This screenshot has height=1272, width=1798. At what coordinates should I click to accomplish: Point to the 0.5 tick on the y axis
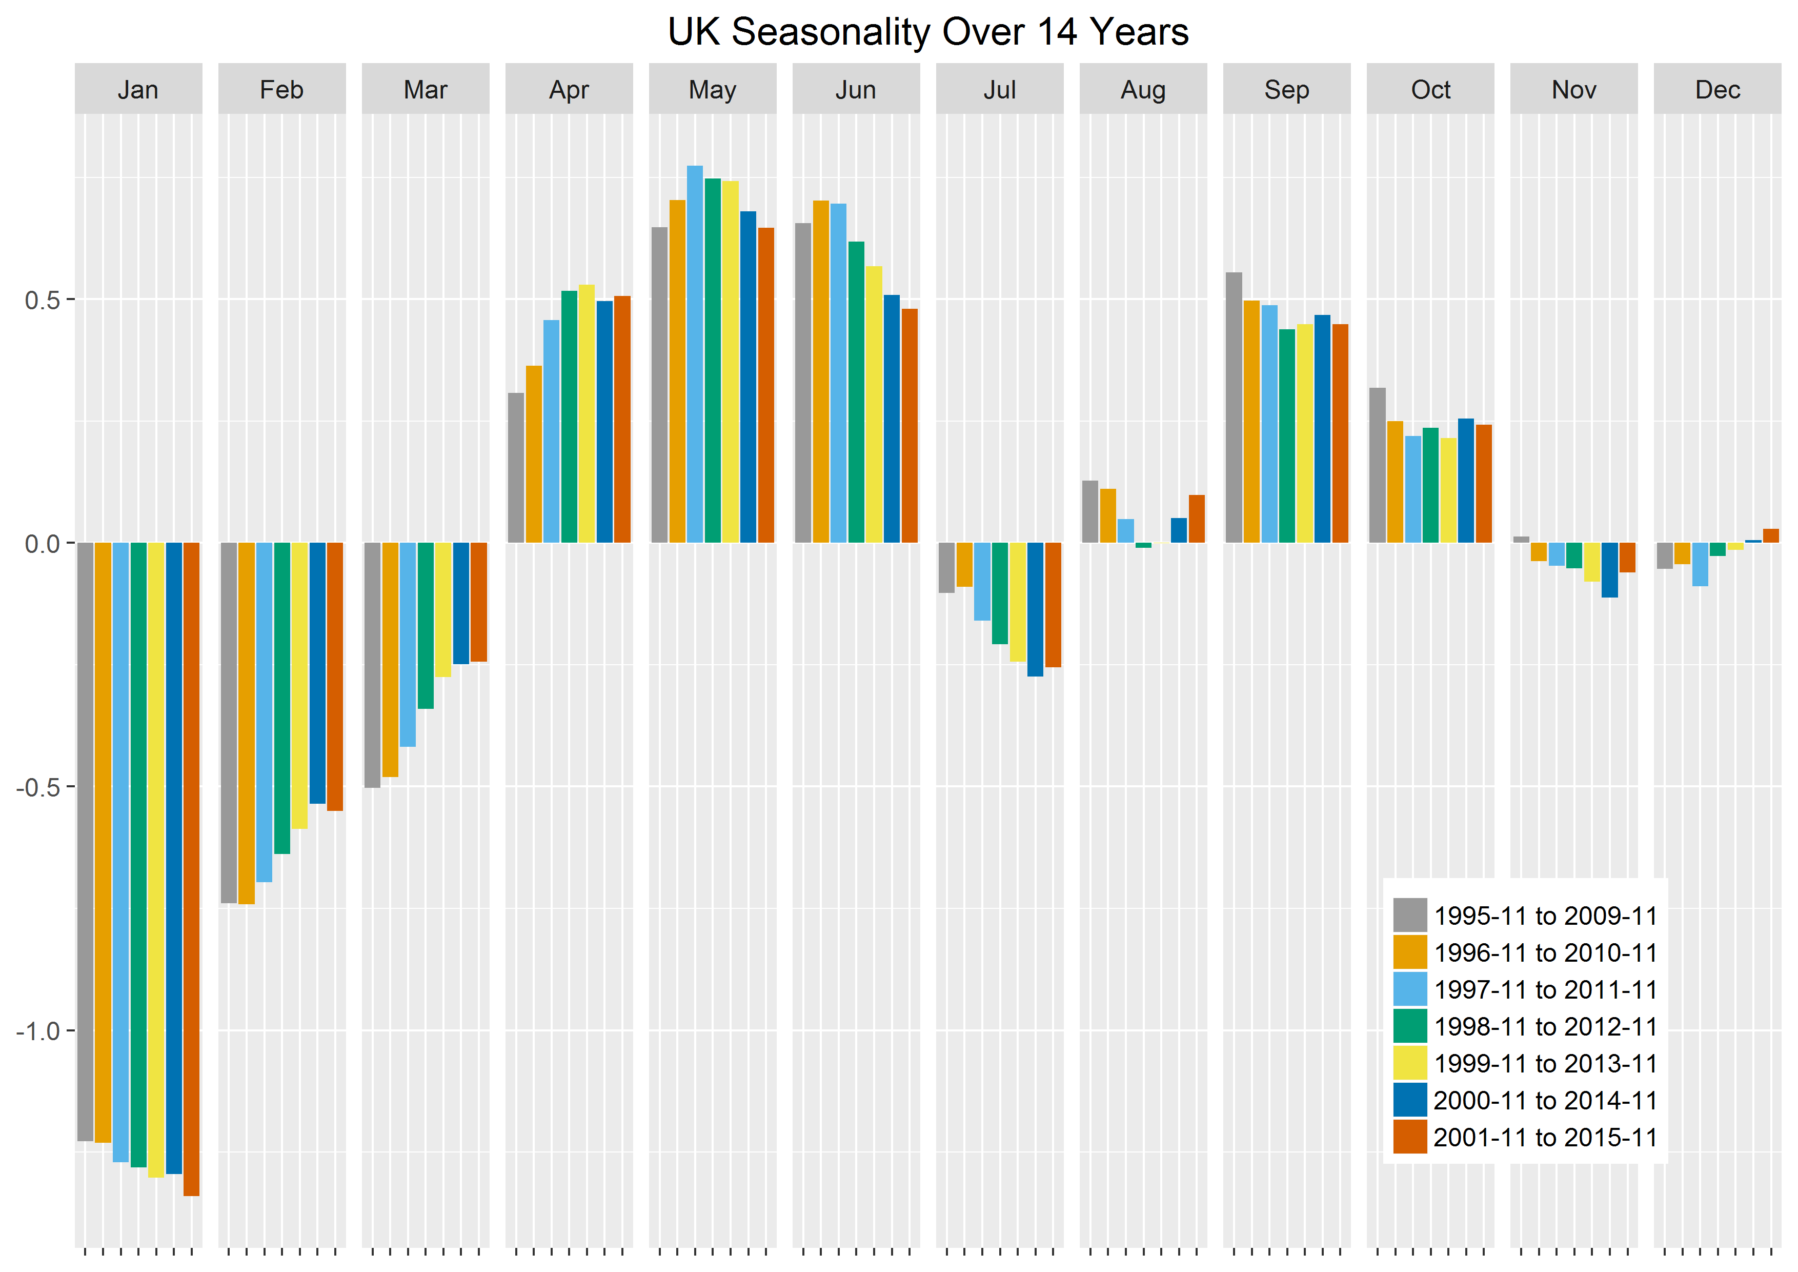(42, 300)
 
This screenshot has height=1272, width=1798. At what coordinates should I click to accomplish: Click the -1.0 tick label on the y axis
(37, 1031)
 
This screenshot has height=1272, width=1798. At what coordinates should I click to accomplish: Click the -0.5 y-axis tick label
(37, 787)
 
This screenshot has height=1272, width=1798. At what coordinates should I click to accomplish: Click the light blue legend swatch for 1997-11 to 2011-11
(1409, 989)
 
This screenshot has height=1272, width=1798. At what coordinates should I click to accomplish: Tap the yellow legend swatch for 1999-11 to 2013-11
(1409, 1063)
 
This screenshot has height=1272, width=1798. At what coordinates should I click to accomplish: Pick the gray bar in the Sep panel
(1234, 407)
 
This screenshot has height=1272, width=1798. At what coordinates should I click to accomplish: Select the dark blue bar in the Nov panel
(1609, 570)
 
